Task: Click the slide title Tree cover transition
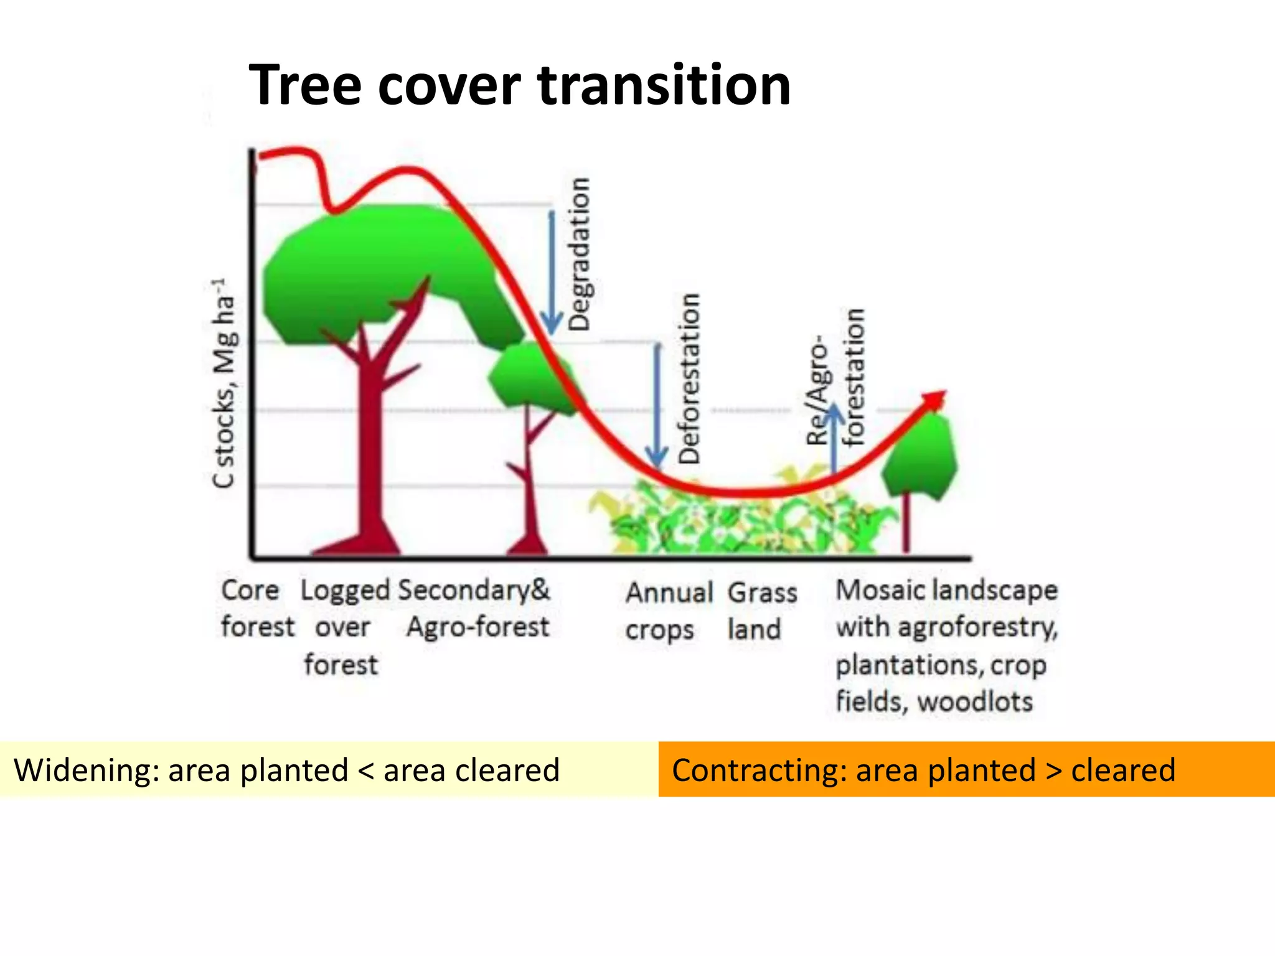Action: [x=520, y=85]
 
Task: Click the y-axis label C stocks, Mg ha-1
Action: [x=223, y=383]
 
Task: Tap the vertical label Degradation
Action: [x=580, y=254]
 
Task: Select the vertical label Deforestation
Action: [x=689, y=378]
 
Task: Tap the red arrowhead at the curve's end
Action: [x=936, y=399]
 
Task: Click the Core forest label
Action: [x=256, y=608]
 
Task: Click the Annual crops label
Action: [x=668, y=611]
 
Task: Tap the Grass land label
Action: [x=761, y=611]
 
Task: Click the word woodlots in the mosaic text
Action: [x=975, y=702]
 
